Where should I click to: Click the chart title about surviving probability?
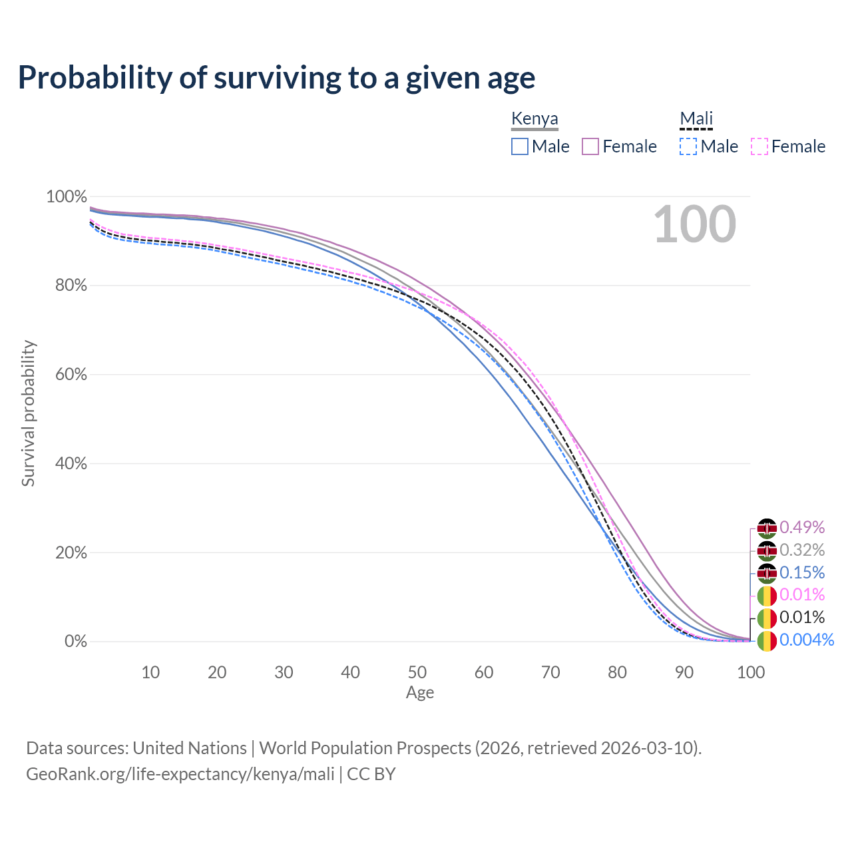click(x=276, y=78)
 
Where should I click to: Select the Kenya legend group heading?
click(x=534, y=119)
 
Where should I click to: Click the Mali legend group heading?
click(x=696, y=119)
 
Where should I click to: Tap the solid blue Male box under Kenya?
click(x=520, y=146)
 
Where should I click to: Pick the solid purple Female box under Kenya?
click(x=590, y=146)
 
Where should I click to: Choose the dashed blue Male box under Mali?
click(x=688, y=146)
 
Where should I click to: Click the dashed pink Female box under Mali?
click(x=759, y=146)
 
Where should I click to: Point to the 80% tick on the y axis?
click(x=67, y=286)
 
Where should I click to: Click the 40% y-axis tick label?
click(x=67, y=463)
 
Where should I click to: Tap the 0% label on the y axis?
click(x=75, y=642)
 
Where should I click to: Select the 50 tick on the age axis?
click(x=417, y=672)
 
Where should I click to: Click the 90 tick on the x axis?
click(x=684, y=672)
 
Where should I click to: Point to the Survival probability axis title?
click(x=28, y=413)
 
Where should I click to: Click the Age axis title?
click(x=420, y=693)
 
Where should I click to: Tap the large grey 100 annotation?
click(x=694, y=224)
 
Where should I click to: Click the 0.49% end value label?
click(x=802, y=528)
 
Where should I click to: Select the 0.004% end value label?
click(x=806, y=640)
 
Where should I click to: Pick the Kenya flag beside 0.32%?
click(x=767, y=550)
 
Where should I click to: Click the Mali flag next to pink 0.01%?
click(x=767, y=595)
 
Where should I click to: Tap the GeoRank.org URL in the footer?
click(x=180, y=774)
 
